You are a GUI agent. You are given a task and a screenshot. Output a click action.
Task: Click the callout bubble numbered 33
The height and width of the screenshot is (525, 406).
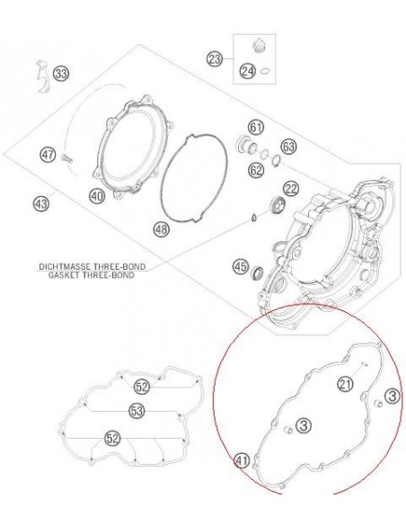pos(61,73)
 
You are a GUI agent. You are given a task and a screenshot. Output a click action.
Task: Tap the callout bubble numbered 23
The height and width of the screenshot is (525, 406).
pos(215,59)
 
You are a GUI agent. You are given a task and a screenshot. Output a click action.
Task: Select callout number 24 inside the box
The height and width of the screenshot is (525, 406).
pos(248,71)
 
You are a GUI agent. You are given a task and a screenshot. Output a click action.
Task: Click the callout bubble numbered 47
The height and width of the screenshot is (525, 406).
pos(48,155)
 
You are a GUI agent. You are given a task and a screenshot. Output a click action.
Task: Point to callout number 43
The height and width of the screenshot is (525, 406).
pos(41,203)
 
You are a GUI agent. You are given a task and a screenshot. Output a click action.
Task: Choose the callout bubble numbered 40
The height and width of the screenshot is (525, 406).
pos(97,196)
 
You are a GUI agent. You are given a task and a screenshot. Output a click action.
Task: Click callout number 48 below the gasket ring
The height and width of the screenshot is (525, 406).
pos(162,230)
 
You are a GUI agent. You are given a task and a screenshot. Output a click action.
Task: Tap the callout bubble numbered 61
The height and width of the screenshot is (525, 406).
pos(256,128)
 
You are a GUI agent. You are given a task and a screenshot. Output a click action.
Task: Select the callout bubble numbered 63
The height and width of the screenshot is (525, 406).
pos(288,147)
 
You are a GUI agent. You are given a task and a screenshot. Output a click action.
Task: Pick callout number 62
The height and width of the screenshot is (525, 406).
pos(256,171)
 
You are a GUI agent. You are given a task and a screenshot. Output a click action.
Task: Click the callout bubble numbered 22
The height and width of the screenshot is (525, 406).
pos(291,190)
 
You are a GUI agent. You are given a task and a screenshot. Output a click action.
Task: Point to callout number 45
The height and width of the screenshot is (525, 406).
pos(241,267)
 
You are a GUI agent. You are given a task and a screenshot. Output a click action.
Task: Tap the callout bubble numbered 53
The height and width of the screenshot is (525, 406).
pos(137,411)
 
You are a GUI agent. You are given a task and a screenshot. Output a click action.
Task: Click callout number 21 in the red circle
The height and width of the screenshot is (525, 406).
pos(346,384)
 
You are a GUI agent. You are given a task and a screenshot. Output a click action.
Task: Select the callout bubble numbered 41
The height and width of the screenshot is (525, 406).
pos(243,461)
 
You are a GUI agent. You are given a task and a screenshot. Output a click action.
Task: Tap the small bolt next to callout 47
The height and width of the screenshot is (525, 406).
pos(66,157)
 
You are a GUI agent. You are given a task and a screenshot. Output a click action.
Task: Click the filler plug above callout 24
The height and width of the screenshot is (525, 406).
pos(258,46)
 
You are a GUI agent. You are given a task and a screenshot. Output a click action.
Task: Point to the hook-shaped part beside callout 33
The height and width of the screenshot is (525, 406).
pos(43,76)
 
